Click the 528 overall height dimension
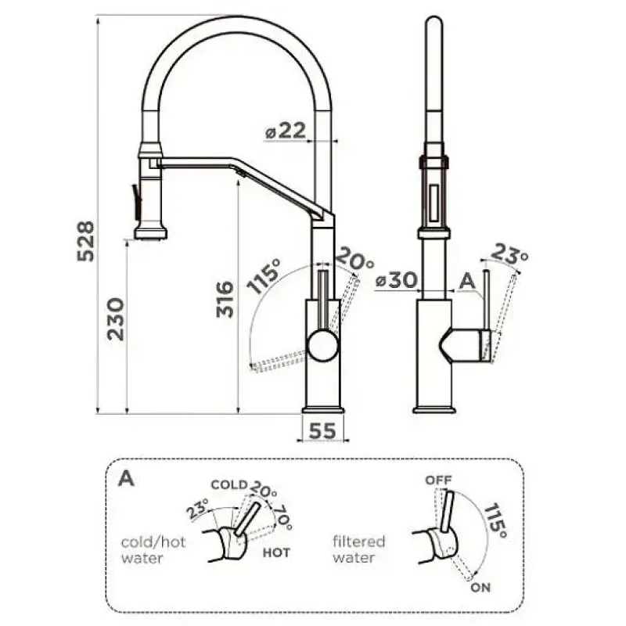coord(86,242)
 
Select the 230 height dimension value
coord(116,318)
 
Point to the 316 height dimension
coord(225,300)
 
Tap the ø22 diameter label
coord(286,131)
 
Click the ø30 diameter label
coord(397,280)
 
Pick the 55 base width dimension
coord(322,431)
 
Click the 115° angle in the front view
coord(264,276)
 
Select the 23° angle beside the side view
coord(509,254)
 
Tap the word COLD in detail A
coord(229,484)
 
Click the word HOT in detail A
coord(276,553)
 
